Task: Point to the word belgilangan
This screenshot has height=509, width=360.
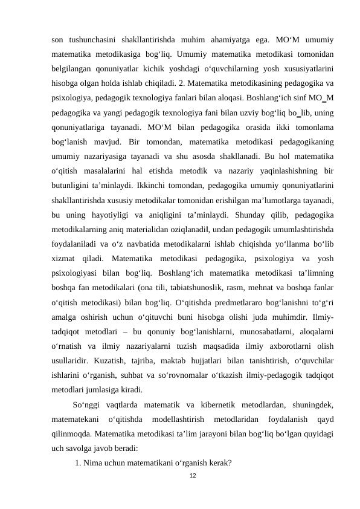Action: (71, 71)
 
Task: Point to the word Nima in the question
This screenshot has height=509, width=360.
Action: (93, 464)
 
